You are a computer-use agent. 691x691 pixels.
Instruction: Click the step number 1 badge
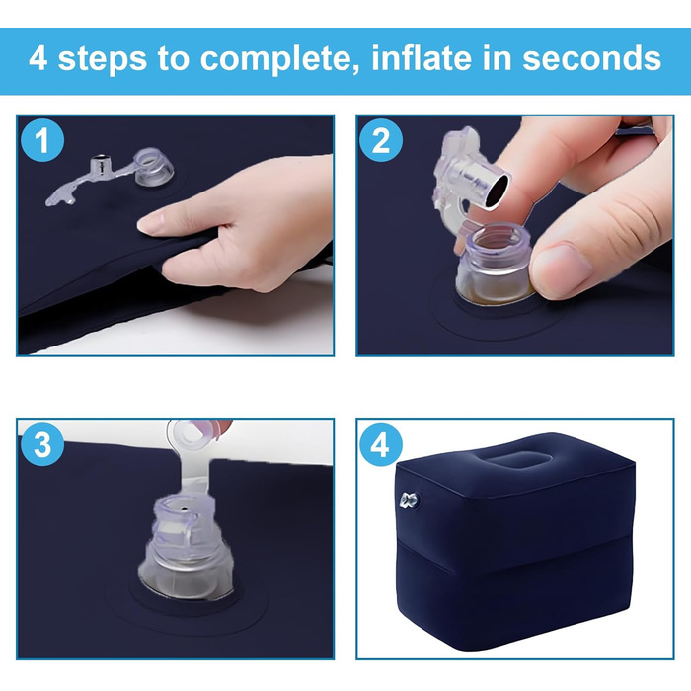[x=42, y=140]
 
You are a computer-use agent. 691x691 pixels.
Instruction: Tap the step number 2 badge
[x=381, y=140]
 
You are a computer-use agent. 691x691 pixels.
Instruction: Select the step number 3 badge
[x=42, y=444]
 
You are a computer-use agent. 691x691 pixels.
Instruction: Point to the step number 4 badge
[x=380, y=444]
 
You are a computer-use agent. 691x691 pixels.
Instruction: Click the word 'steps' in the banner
[x=103, y=59]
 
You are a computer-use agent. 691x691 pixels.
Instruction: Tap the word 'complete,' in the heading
[x=273, y=60]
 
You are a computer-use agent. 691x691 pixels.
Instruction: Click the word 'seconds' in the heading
[x=592, y=58]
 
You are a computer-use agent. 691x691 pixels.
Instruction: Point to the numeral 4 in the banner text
[x=38, y=58]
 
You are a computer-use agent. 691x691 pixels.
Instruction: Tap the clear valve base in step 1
[x=153, y=167]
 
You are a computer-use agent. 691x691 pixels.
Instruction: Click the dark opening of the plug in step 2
[x=497, y=190]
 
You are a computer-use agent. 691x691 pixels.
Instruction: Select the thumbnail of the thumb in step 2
[x=559, y=268]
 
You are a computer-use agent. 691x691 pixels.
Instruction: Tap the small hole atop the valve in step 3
[x=184, y=510]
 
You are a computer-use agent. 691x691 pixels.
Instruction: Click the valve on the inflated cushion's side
[x=410, y=500]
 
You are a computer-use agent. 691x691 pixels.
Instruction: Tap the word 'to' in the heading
[x=173, y=59]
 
